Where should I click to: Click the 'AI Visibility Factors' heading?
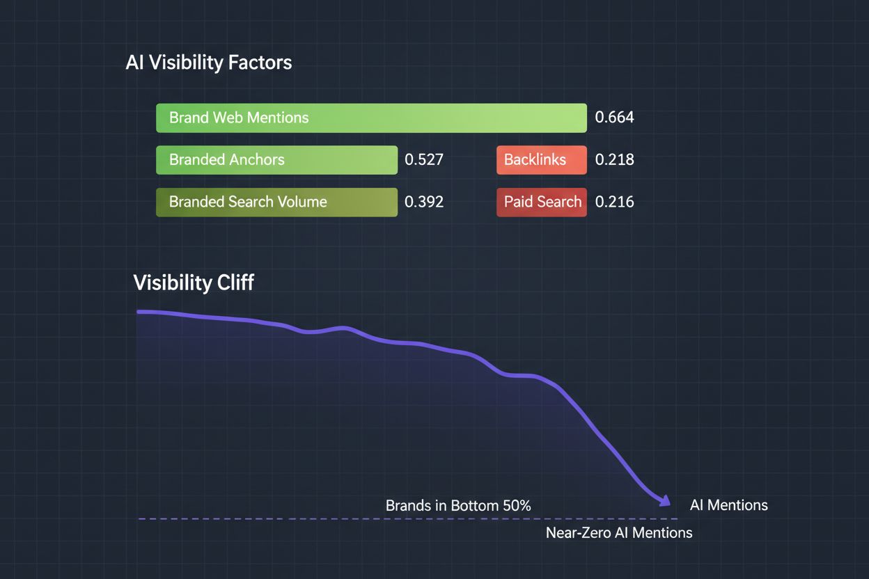pos(208,63)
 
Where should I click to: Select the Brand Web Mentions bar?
pos(371,118)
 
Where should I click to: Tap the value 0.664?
pos(614,118)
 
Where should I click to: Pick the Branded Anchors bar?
pos(276,160)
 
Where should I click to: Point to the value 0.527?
pos(423,160)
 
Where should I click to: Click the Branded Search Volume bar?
pos(276,203)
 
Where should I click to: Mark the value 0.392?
pos(423,203)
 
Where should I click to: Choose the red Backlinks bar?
pos(541,160)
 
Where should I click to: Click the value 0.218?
pos(614,160)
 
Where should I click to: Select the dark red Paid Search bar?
pos(541,203)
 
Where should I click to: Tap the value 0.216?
pos(614,203)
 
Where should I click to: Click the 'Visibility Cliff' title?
pos(193,283)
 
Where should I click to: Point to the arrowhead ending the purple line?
pos(665,501)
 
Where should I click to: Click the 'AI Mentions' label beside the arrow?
pos(728,505)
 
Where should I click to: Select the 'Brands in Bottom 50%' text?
pos(458,506)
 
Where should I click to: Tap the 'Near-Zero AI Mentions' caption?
pos(618,533)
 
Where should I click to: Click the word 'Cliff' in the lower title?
pos(234,283)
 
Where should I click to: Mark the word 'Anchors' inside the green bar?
pos(257,160)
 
